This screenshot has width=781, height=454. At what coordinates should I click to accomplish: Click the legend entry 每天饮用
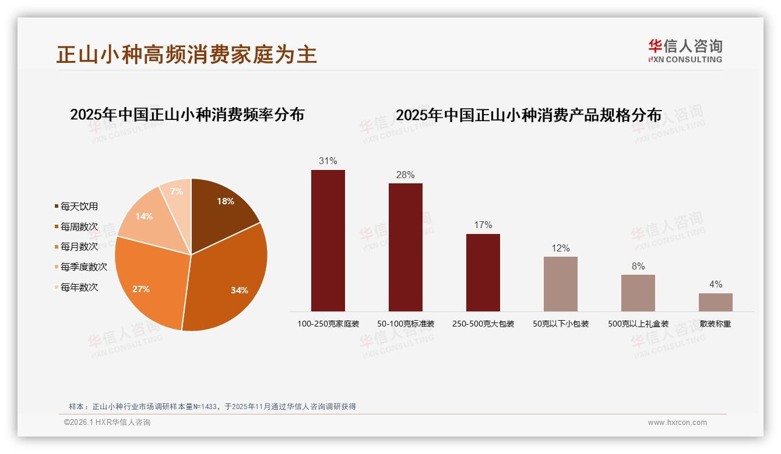coord(79,207)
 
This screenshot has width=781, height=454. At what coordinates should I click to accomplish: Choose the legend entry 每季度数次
coord(83,267)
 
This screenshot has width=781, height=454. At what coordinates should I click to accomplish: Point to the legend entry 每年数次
coord(79,288)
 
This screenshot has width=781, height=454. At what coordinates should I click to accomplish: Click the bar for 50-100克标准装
coord(406,247)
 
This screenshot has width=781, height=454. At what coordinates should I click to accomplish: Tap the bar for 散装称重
coord(715,302)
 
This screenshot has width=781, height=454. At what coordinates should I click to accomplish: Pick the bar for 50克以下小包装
coord(561,284)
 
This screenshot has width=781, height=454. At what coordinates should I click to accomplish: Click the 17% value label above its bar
coord(483,225)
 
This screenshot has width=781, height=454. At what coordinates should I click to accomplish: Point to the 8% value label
coord(638,267)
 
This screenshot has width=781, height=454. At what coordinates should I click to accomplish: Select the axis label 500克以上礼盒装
coord(638,324)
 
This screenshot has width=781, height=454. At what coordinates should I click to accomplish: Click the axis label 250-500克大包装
coord(483,324)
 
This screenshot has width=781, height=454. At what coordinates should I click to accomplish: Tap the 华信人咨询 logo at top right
coord(685,51)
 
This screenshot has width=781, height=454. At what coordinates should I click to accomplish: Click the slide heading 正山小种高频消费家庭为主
coord(187,54)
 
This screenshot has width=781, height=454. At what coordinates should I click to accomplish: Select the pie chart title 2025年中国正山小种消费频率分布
coord(187,115)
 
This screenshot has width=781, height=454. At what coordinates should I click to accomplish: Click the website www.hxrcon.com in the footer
coord(677,423)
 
